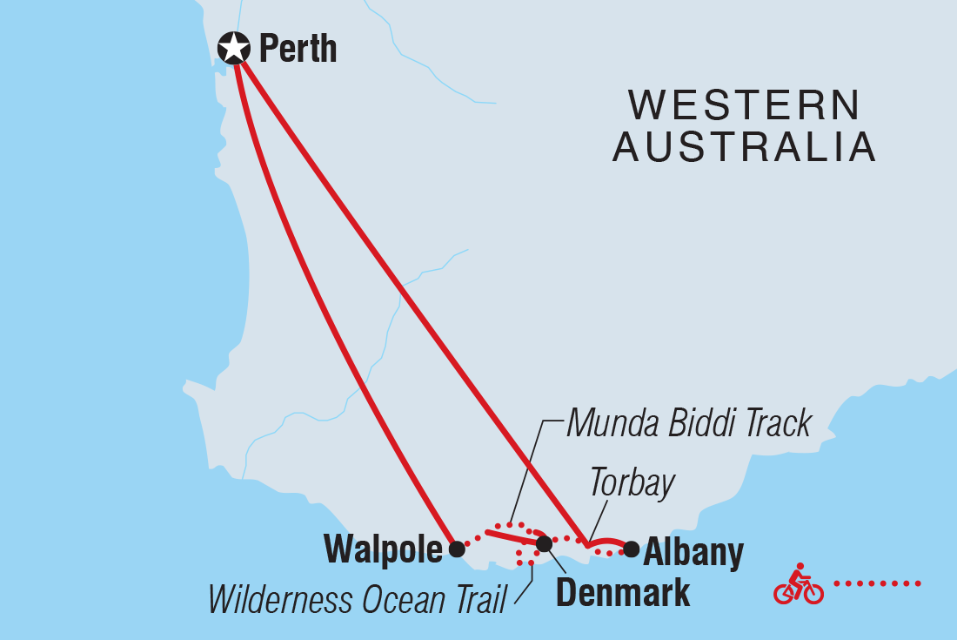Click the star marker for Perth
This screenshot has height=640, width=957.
coord(232,48)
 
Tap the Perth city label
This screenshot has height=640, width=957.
coord(298,49)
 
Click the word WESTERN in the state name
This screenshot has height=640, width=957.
coord(745,106)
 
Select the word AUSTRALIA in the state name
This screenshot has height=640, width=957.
coord(745,148)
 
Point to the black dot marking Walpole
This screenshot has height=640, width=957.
coord(456,549)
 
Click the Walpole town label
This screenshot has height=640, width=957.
coord(383,549)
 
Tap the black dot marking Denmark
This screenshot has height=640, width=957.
coord(544,544)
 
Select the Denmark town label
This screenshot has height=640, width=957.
coord(623,592)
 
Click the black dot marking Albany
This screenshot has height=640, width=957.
coord(632,549)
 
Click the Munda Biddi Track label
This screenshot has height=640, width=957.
coord(688,424)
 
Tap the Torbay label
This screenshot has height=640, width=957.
coord(631,483)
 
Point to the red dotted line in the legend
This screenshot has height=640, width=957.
coord(877,583)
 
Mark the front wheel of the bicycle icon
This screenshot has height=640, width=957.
coord(813,592)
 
